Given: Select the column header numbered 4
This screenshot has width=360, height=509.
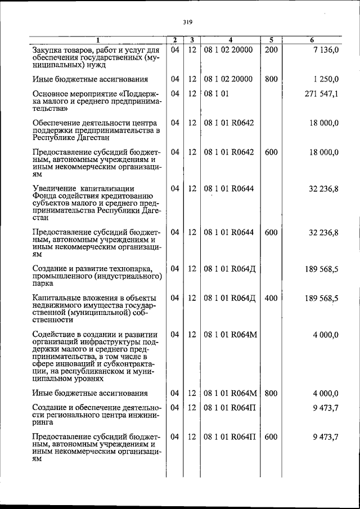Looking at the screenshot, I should coord(231,40).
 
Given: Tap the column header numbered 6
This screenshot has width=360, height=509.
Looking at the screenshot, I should coord(312,40).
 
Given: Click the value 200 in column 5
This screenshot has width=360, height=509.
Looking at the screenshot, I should coord(271,50).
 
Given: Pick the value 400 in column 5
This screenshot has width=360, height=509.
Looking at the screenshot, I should coord(271,298).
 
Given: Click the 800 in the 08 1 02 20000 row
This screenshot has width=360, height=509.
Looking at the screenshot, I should coord(271,79).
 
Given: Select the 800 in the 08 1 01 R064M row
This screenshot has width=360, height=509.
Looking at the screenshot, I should coord(271,393).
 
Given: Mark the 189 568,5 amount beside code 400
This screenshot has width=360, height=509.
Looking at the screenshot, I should coord(321,298).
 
